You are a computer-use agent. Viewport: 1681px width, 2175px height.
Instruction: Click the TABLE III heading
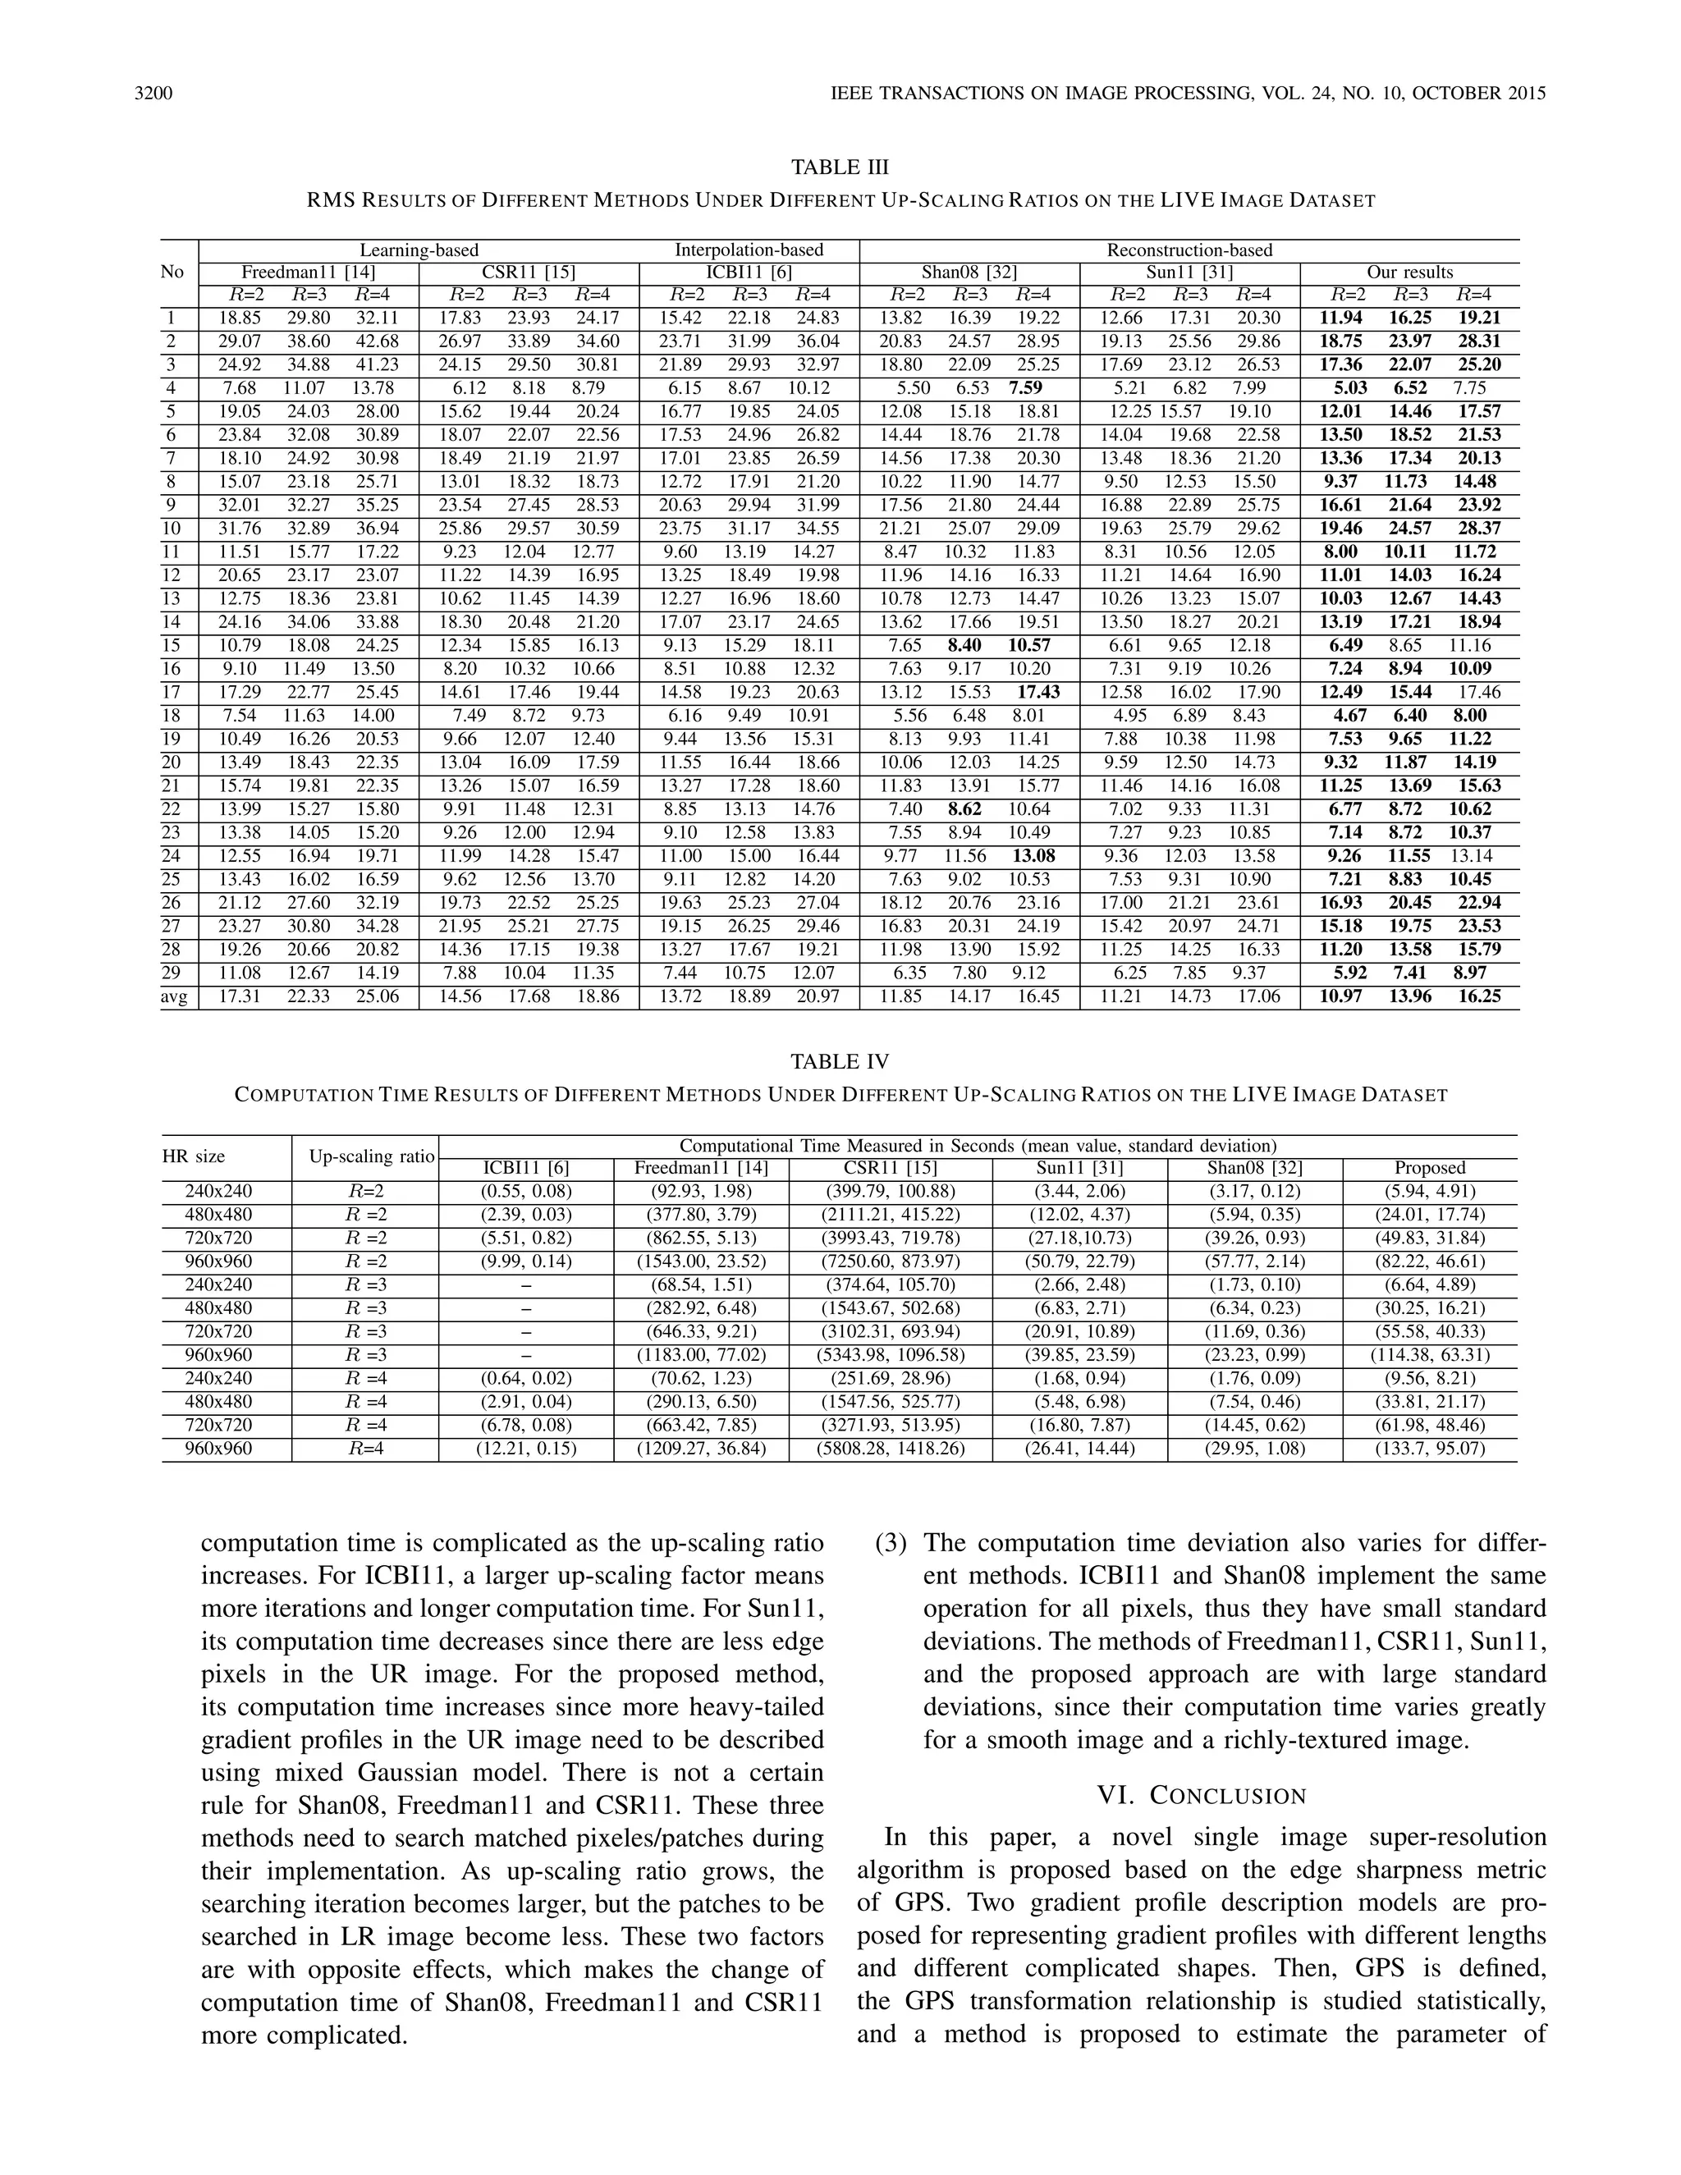tap(840, 167)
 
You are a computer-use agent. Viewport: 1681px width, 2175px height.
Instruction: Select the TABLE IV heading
tap(840, 1061)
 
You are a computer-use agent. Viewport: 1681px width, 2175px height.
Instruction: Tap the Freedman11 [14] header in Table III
tap(309, 272)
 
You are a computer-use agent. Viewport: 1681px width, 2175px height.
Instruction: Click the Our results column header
tap(1409, 272)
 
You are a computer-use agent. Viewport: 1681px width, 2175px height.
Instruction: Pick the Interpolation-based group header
tap(749, 250)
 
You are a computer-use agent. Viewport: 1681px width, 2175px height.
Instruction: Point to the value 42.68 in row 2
tap(377, 341)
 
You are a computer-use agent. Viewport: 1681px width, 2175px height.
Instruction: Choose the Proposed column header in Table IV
tap(1429, 1168)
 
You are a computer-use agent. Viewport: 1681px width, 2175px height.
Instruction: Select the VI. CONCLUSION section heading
tap(1201, 1796)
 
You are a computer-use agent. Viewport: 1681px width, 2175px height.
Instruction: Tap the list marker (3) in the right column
tap(891, 1544)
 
